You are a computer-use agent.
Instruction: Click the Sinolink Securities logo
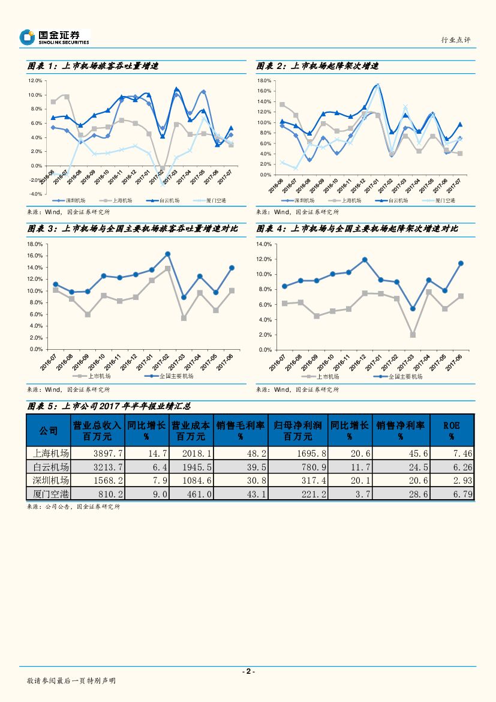click(x=54, y=37)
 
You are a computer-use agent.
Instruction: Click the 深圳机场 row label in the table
click(x=49, y=481)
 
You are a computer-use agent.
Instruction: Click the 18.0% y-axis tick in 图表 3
click(x=34, y=244)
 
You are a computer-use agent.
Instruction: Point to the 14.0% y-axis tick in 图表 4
click(x=264, y=244)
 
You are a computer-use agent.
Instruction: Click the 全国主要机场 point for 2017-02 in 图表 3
click(x=167, y=254)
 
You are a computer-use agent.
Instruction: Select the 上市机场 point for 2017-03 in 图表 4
click(x=413, y=335)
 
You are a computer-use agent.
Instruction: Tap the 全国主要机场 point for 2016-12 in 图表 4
click(x=364, y=260)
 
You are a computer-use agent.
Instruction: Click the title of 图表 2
click(x=318, y=67)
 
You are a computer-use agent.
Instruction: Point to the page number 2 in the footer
click(x=248, y=671)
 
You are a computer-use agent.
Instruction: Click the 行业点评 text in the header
click(x=456, y=40)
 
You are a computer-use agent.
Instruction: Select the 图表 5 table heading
click(x=109, y=406)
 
